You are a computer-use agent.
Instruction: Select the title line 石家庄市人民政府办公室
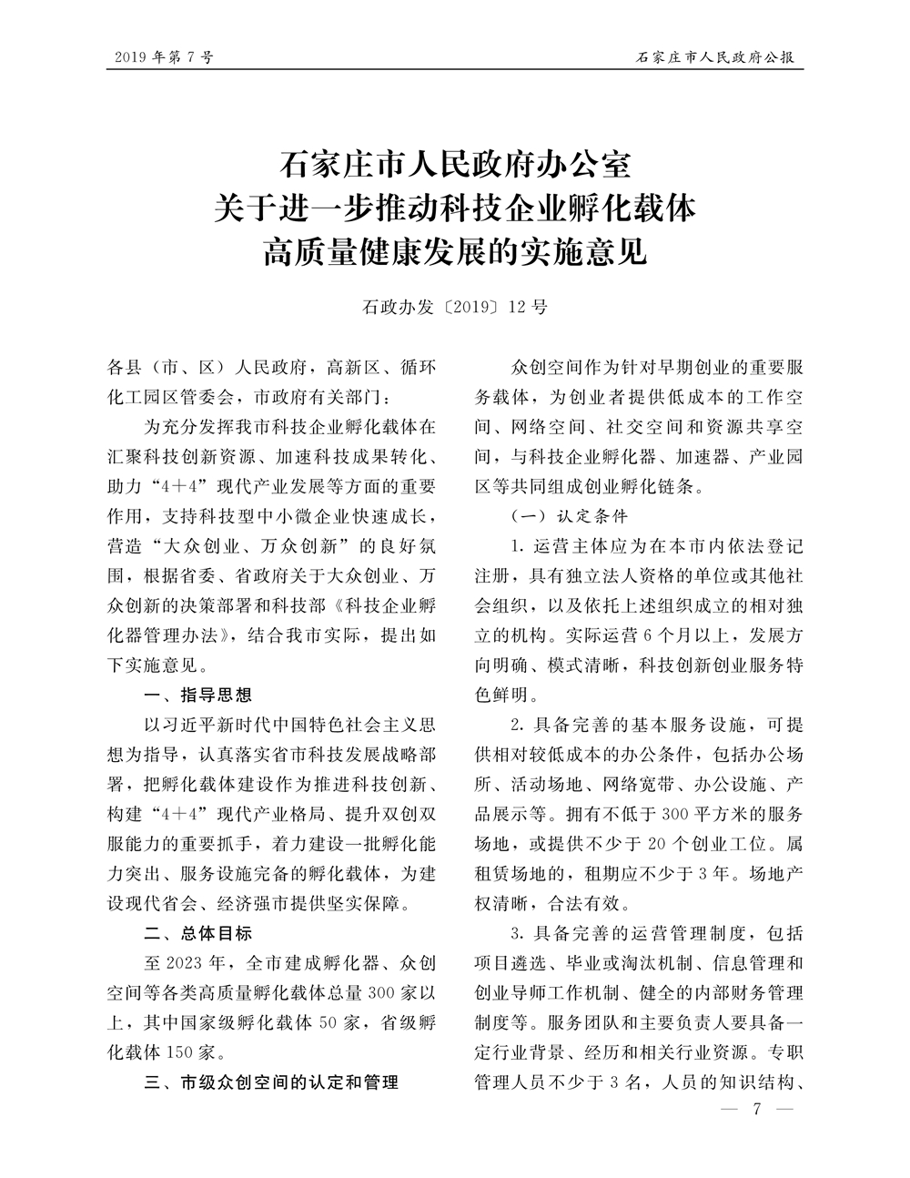[454, 168]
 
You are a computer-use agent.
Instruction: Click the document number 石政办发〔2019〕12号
[454, 307]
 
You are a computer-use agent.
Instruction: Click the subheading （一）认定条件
[570, 516]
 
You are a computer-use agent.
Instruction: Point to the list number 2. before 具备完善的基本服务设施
[516, 726]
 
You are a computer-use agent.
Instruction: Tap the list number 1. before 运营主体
[516, 547]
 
